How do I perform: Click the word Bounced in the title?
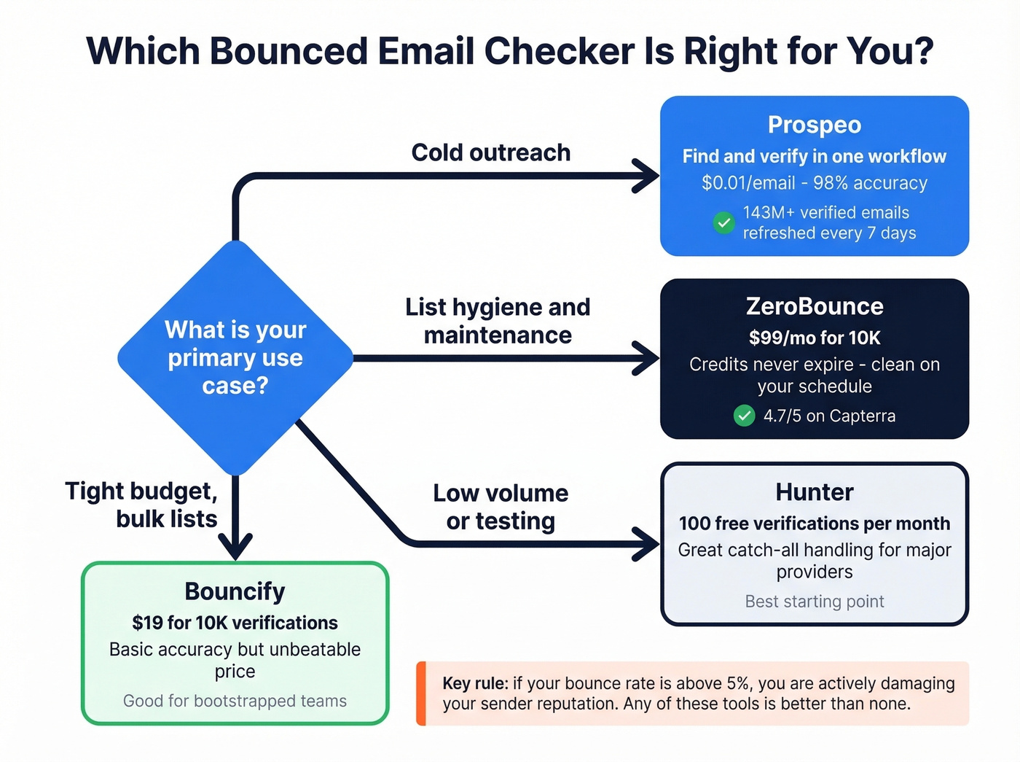288,52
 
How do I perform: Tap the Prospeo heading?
814,125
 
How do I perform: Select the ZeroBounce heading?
814,306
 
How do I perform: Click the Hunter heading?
814,492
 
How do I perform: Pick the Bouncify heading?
235,591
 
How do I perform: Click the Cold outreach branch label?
490,152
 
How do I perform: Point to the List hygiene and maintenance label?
498,321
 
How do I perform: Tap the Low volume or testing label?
501,507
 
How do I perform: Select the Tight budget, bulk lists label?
141,505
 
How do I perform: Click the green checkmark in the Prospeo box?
723,222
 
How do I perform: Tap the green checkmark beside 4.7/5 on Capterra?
744,416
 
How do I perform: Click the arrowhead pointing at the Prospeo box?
647,176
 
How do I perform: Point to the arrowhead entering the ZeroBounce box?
647,358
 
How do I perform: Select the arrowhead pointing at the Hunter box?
647,544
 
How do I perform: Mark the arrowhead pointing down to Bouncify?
235,547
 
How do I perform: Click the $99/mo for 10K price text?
814,338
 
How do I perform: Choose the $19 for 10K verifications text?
235,623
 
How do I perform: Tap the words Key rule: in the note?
475,684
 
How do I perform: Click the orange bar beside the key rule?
420,693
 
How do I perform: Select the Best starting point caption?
814,602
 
